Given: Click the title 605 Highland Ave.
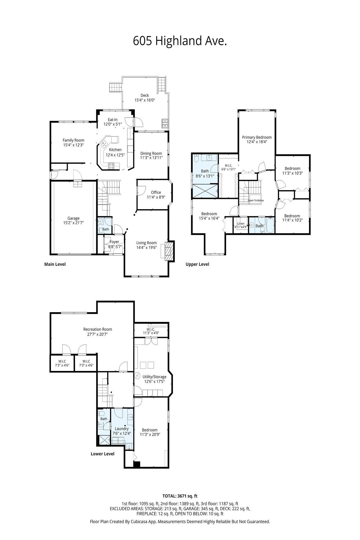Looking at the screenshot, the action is click(x=180, y=41).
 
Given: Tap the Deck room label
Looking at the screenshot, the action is click(x=145, y=95).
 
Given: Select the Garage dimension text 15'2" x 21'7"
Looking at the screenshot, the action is click(x=73, y=223).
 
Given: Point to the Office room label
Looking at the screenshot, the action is click(x=156, y=192).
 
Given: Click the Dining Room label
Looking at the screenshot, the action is click(x=151, y=154).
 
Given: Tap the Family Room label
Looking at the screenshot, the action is click(x=73, y=140).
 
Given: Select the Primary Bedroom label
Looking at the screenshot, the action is click(x=257, y=137).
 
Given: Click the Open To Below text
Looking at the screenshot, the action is click(x=256, y=201).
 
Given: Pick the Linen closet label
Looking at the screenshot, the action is click(x=241, y=224).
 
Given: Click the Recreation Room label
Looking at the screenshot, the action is click(x=98, y=329).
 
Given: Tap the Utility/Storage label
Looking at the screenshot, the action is click(x=154, y=377).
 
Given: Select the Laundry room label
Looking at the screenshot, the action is click(x=122, y=429).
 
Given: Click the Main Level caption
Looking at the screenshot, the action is click(x=55, y=264).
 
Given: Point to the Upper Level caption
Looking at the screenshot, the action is click(x=197, y=264).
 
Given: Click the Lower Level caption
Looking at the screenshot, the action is click(x=102, y=454).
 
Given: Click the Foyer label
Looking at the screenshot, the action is click(x=114, y=242).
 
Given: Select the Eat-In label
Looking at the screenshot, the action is click(x=112, y=120).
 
